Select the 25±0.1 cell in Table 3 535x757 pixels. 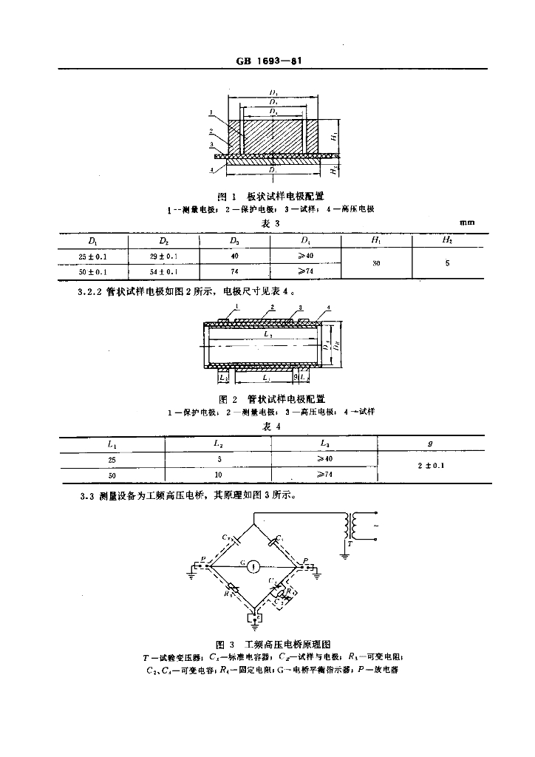coord(94,257)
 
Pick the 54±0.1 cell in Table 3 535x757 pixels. coord(164,271)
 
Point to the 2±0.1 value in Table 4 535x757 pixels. coord(432,466)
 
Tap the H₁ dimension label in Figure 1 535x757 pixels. coord(333,137)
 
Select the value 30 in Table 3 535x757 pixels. coord(376,264)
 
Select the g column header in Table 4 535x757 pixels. coord(432,444)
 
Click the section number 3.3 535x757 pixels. coord(86,497)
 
